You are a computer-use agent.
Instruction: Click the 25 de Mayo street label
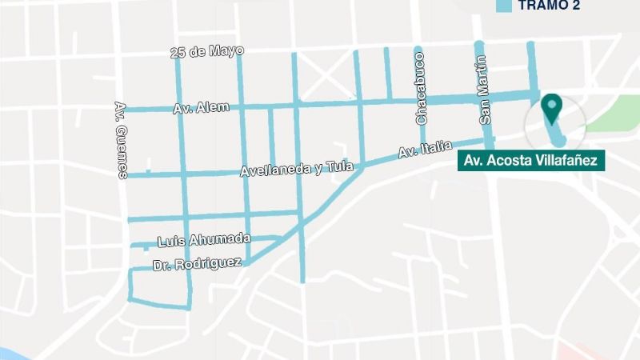[x=207, y=52]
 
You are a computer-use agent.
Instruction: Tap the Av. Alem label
[x=201, y=108]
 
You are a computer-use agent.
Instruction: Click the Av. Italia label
[x=425, y=148]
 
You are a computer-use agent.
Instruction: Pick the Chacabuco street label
[x=420, y=88]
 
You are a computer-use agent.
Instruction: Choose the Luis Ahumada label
[x=204, y=240]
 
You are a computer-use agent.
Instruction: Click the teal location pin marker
[x=551, y=106]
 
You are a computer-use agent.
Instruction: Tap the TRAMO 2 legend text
[x=549, y=6]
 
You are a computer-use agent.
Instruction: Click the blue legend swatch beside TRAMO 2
[x=504, y=6]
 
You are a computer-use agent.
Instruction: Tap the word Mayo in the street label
[x=227, y=50]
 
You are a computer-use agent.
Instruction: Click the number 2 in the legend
[x=575, y=6]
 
